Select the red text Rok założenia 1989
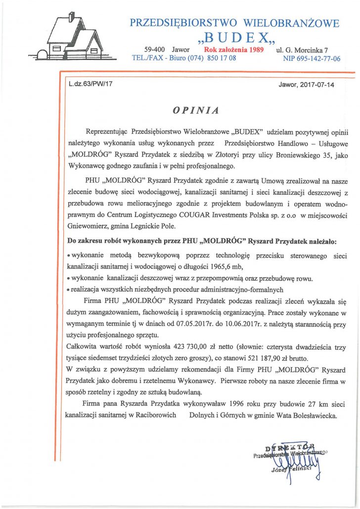click(234, 50)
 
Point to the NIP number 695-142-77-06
click(312, 58)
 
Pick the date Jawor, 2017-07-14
click(307, 85)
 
